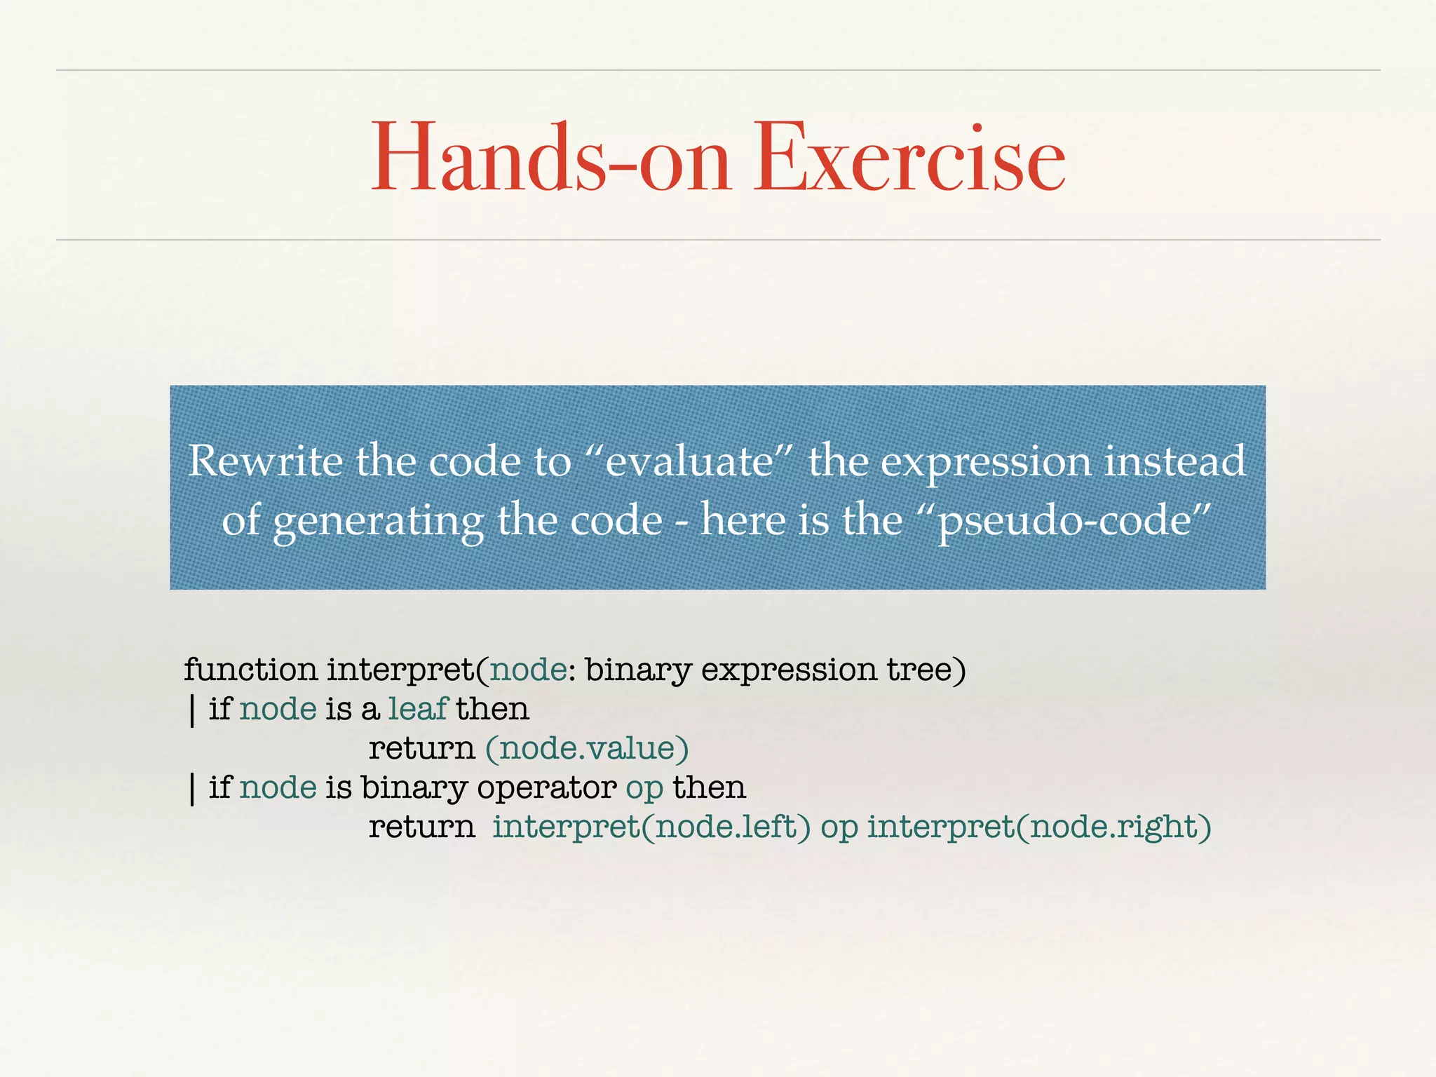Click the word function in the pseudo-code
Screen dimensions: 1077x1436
250,670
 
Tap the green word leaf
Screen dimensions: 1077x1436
418,709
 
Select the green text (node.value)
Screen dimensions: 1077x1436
587,748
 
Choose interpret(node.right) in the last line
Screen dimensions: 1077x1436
1039,827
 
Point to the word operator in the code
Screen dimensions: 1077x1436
547,788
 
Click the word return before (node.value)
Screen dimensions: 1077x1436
422,748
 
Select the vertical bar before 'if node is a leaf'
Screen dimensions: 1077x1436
192,710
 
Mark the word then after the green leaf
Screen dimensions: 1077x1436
492,709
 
